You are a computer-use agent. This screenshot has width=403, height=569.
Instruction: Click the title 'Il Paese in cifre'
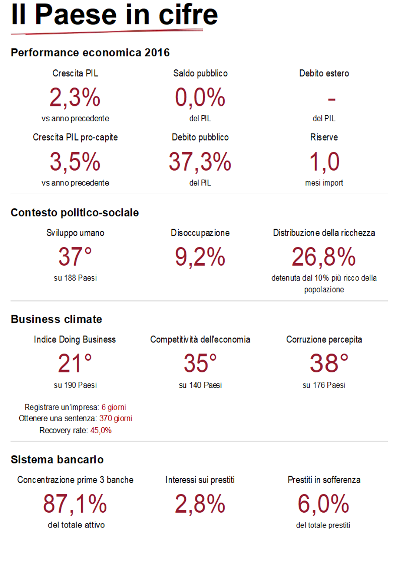[115, 15]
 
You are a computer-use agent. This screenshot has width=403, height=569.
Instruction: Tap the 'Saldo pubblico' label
[200, 74]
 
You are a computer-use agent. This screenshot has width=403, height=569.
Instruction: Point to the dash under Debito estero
[331, 99]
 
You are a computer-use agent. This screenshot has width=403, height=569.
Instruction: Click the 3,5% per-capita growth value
[75, 161]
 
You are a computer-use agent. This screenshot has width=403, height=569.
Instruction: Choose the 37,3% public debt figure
[200, 161]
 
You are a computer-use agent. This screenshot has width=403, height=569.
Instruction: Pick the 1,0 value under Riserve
[324, 161]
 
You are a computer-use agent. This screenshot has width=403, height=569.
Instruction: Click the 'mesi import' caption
[324, 183]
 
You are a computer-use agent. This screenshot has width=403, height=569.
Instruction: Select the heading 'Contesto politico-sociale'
[75, 213]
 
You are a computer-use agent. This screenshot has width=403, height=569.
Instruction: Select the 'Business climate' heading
[56, 319]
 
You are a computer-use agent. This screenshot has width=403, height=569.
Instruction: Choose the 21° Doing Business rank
[75, 363]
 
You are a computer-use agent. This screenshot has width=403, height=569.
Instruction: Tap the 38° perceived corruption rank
[324, 363]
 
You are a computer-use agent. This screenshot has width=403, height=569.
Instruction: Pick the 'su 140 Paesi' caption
[200, 385]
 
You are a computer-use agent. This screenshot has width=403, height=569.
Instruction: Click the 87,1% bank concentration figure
[75, 504]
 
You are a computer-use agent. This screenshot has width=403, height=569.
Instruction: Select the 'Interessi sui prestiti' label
[200, 480]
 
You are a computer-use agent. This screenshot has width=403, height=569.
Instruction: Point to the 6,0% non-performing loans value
[324, 504]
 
